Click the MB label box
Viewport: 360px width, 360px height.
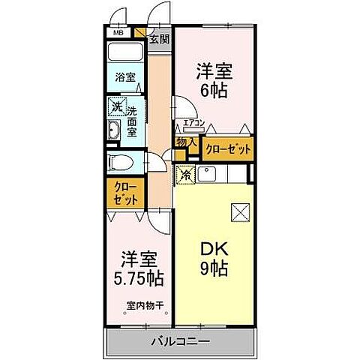tap(118, 33)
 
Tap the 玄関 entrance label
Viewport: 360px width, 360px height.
tap(158, 39)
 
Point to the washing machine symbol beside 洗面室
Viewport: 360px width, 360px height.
tap(116, 107)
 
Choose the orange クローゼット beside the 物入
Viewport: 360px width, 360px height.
tap(229, 149)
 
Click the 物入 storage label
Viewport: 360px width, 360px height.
tap(187, 142)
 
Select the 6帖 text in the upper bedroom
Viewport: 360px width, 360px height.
tap(215, 92)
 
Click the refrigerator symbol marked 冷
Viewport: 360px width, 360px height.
tap(185, 174)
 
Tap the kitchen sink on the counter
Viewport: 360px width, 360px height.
tap(209, 175)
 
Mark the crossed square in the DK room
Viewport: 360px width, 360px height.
tap(241, 212)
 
